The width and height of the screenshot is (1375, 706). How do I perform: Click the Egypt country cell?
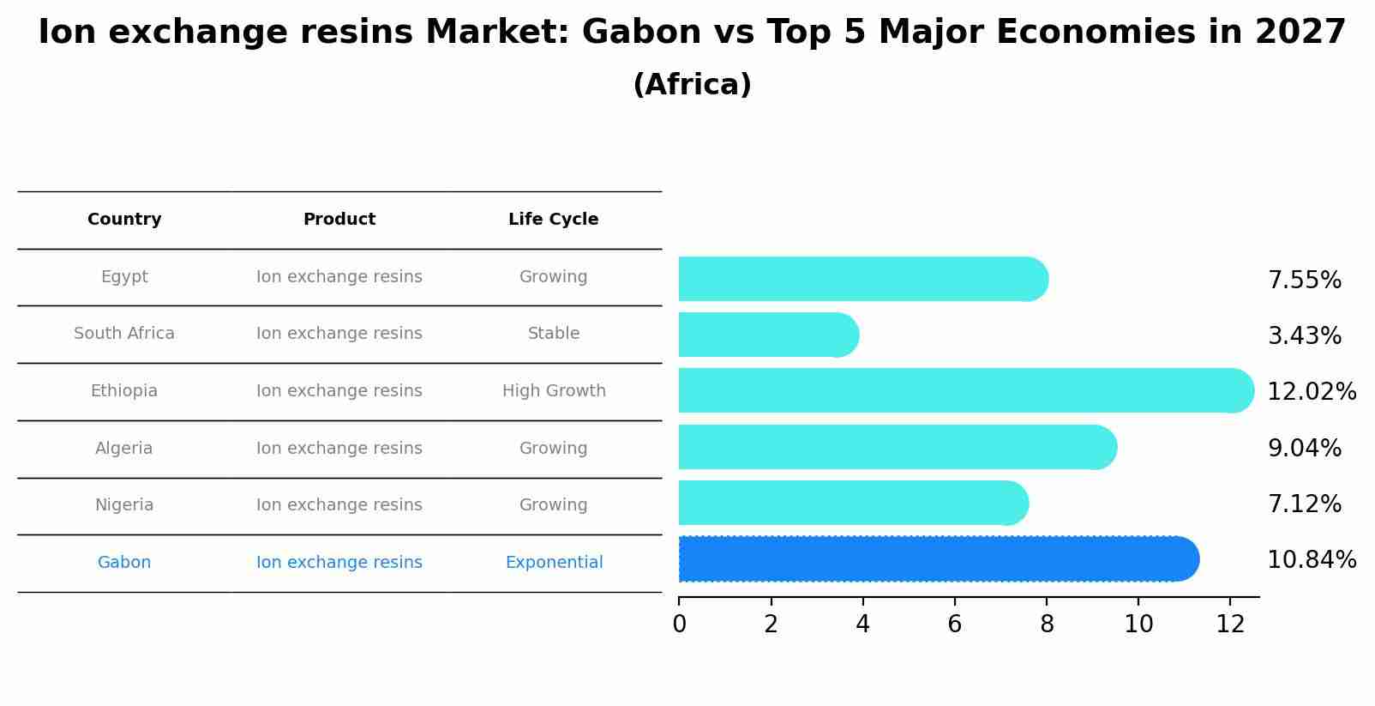tap(124, 277)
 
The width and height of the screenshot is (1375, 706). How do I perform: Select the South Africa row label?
tap(124, 333)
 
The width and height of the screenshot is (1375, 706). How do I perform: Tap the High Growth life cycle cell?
tap(554, 391)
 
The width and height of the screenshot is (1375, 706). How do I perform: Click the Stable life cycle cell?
tap(554, 333)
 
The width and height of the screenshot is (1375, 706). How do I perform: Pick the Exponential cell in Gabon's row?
tap(554, 562)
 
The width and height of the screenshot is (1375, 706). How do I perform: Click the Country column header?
tap(124, 220)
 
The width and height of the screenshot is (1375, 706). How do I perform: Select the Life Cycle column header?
tap(553, 220)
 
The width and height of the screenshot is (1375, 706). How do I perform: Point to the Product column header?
tap(339, 220)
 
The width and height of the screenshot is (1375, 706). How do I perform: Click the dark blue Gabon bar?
tap(939, 558)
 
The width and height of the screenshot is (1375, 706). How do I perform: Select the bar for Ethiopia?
tap(966, 390)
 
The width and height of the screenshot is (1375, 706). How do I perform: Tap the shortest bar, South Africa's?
tap(769, 335)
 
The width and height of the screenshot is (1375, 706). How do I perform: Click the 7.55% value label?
tap(1305, 281)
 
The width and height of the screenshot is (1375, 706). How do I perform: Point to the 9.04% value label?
tap(1305, 448)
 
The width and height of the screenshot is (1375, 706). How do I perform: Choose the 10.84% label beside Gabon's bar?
tap(1312, 560)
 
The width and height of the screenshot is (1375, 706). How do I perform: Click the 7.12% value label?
tap(1305, 504)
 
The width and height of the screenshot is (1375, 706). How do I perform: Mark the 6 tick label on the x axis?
tap(954, 625)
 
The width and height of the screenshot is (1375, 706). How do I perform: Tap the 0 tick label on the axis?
tap(679, 625)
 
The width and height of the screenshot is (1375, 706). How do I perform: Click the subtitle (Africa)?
tap(692, 85)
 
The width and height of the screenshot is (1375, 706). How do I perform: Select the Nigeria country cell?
tap(124, 505)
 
